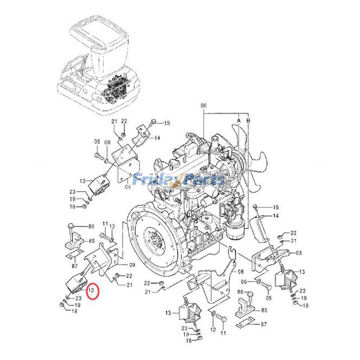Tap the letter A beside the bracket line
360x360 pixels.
point(239,120)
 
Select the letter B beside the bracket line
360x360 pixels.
point(248,120)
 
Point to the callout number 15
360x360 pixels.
point(167,123)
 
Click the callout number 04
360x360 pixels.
point(129,187)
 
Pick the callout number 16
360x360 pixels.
point(275,207)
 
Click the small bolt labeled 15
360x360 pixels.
point(153,121)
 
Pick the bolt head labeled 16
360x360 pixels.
point(256,207)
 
